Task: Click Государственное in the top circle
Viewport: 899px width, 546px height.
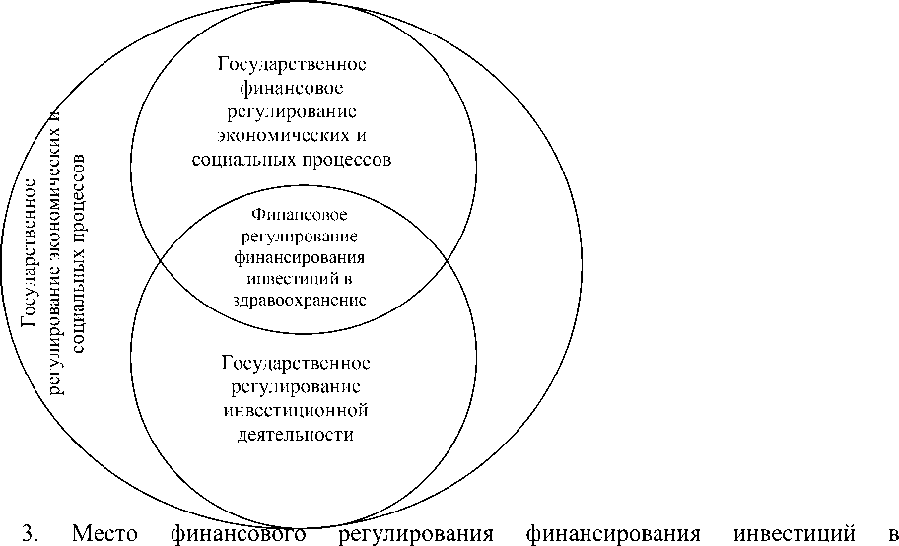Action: click(292, 64)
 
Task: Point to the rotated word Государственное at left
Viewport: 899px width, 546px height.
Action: click(33, 252)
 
